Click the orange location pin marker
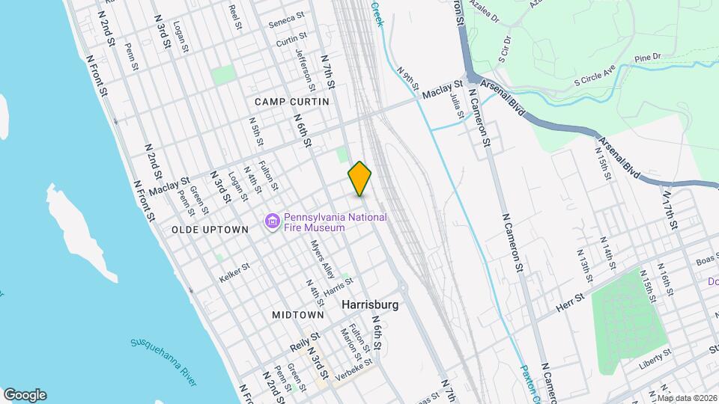click(x=360, y=178)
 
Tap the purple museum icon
click(x=271, y=222)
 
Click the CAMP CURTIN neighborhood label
click(x=287, y=101)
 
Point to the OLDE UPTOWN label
click(x=210, y=229)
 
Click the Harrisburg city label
click(x=370, y=305)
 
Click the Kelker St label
click(x=233, y=275)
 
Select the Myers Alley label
click(x=323, y=258)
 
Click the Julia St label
click(x=455, y=104)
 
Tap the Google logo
click(x=25, y=394)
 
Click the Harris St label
click(x=339, y=284)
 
